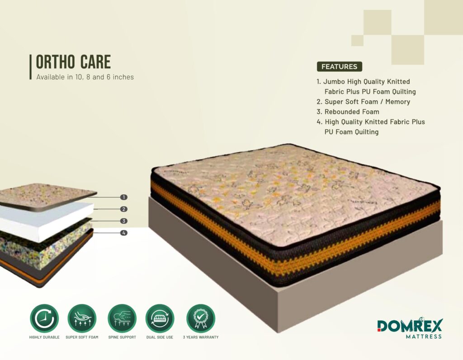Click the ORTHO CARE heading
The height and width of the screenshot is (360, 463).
click(x=73, y=62)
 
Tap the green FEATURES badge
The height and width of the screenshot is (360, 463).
click(x=339, y=67)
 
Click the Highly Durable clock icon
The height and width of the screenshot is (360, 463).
click(x=44, y=319)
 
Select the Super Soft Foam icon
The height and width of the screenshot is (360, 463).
click(x=82, y=319)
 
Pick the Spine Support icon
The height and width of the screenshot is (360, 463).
click(x=122, y=319)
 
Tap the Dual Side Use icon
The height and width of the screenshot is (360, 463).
click(x=160, y=319)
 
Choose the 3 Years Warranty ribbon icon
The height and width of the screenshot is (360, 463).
click(x=200, y=319)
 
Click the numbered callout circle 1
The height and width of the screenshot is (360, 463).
click(x=124, y=197)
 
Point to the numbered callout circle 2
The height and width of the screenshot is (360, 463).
click(x=124, y=209)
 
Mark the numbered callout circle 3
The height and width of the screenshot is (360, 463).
click(x=124, y=221)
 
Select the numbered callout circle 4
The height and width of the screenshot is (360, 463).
click(x=124, y=233)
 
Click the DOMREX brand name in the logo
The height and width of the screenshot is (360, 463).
click(x=410, y=326)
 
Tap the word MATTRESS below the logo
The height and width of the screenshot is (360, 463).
click(x=424, y=337)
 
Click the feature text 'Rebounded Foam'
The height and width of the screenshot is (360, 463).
click(x=352, y=112)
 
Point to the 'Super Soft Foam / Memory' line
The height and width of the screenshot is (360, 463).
click(x=367, y=102)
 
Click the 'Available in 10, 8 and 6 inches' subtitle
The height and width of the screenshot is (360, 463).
click(x=85, y=77)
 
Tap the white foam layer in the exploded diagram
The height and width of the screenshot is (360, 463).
click(x=44, y=220)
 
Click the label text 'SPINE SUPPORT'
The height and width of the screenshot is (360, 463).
click(x=122, y=337)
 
